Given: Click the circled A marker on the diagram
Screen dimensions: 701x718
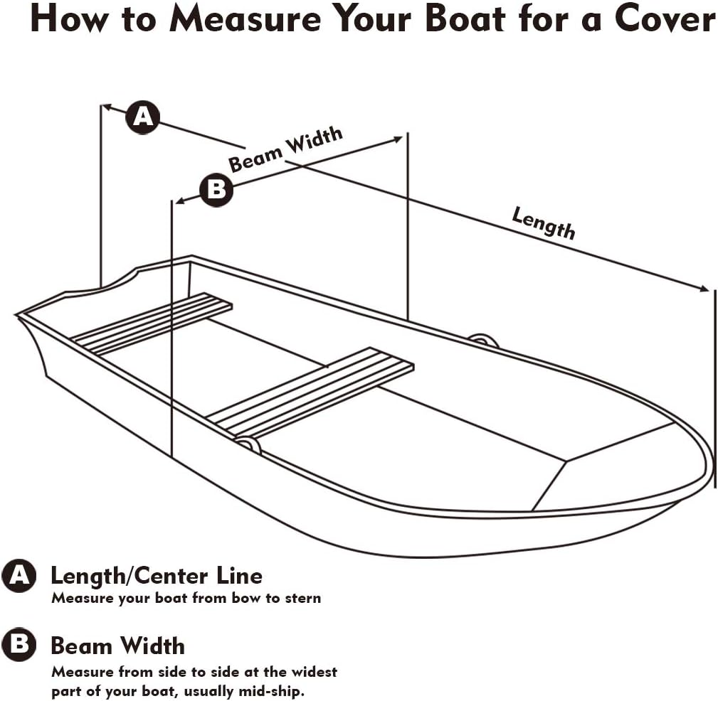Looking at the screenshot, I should [143, 117].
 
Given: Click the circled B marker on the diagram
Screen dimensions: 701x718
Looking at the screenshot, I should [216, 190].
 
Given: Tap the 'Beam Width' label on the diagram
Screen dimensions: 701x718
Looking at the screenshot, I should [285, 149].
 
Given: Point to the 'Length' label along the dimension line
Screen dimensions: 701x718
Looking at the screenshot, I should [544, 223].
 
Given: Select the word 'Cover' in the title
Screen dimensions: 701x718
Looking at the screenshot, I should [665, 21].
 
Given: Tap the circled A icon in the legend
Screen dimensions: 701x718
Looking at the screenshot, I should [19, 576].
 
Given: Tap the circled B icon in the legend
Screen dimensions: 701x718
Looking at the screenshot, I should [19, 645].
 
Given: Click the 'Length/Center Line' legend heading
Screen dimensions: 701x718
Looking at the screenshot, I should [156, 575].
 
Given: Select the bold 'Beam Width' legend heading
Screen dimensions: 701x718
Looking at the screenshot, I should [117, 646].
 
